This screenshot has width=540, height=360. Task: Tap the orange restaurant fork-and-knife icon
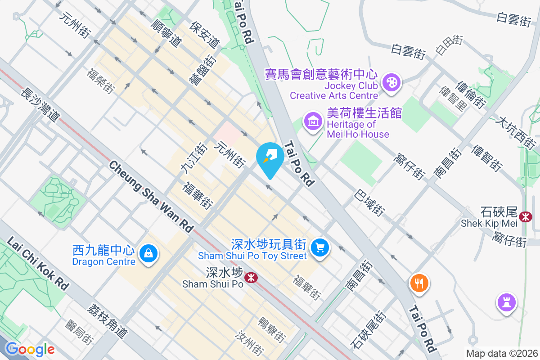[419, 283]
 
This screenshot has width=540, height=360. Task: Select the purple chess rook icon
[507, 301]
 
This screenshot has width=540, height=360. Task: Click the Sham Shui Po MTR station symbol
[250, 279]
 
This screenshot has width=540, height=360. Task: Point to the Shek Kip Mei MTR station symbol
[525, 216]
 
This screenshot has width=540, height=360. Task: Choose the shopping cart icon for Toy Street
[320, 247]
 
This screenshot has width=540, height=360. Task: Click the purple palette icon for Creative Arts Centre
[391, 82]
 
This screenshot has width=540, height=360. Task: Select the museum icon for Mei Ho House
[313, 121]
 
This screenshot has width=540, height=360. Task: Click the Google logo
[30, 349]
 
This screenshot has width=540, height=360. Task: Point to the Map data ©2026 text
[501, 353]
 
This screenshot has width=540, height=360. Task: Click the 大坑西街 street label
[515, 133]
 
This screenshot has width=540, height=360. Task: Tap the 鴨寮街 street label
[272, 330]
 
